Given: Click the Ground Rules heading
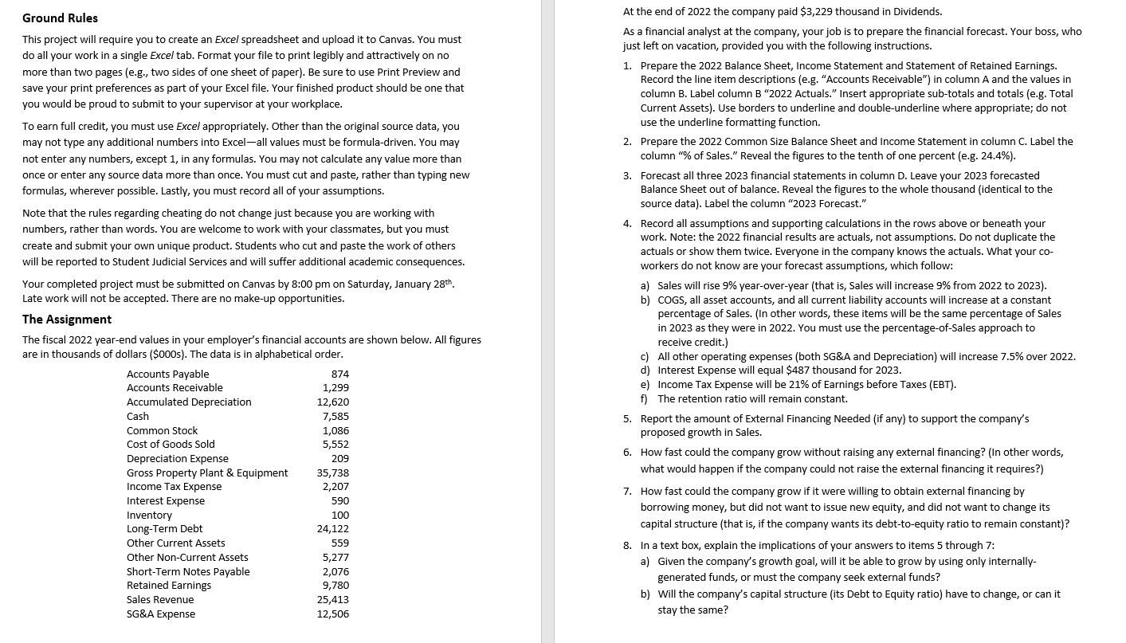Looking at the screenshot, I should tap(61, 18).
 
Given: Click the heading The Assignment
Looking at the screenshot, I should tap(67, 319).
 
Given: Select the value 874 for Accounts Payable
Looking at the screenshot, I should tap(339, 374).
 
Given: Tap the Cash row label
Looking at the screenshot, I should tap(138, 416).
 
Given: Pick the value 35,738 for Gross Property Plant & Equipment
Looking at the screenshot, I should tap(333, 472).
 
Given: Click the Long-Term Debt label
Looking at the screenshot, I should tap(165, 528).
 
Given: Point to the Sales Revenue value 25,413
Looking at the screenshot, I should tap(333, 599).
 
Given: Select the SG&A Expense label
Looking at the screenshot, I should tap(161, 614).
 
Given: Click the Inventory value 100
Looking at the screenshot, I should tap(340, 515).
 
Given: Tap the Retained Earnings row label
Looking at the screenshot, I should tap(169, 585).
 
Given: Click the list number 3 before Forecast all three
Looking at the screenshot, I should tap(627, 175).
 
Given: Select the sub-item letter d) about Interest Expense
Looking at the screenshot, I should tap(645, 370).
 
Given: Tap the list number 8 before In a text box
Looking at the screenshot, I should tap(627, 545).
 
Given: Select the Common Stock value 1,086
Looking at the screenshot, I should tap(335, 430).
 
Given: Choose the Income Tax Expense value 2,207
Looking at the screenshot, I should tap(335, 486).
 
